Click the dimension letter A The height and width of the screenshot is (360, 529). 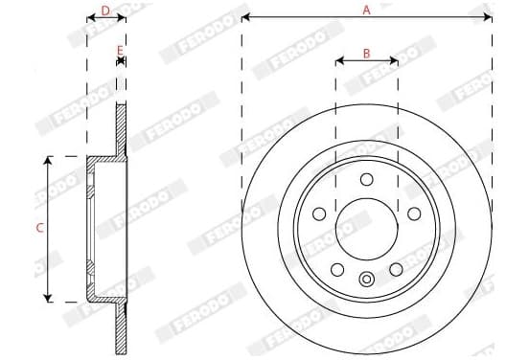click(366, 11)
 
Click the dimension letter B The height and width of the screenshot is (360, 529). click(366, 54)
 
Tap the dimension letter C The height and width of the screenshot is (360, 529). click(39, 228)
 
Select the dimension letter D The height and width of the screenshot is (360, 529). click(105, 11)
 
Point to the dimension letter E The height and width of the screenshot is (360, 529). click(120, 51)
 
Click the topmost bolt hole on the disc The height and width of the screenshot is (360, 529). click(367, 179)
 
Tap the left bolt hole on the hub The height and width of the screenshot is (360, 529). click(319, 214)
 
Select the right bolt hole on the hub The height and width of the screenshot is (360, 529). click(414, 214)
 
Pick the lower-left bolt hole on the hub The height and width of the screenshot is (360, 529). click(337, 270)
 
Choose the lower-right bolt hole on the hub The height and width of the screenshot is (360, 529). click(396, 270)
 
